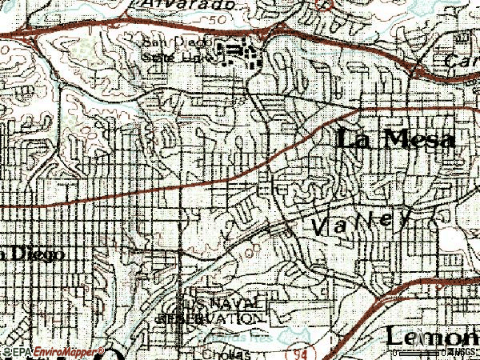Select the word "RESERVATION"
click(x=210, y=318)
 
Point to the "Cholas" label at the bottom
click(x=226, y=353)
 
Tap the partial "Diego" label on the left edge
click(x=32, y=254)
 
